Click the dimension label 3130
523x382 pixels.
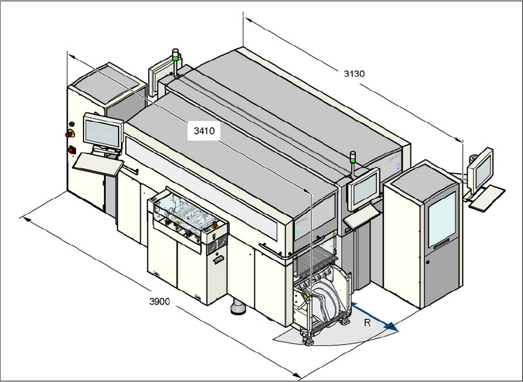click(354, 74)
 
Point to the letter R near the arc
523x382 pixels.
click(366, 322)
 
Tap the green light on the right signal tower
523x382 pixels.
click(353, 156)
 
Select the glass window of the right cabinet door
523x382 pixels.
click(441, 217)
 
